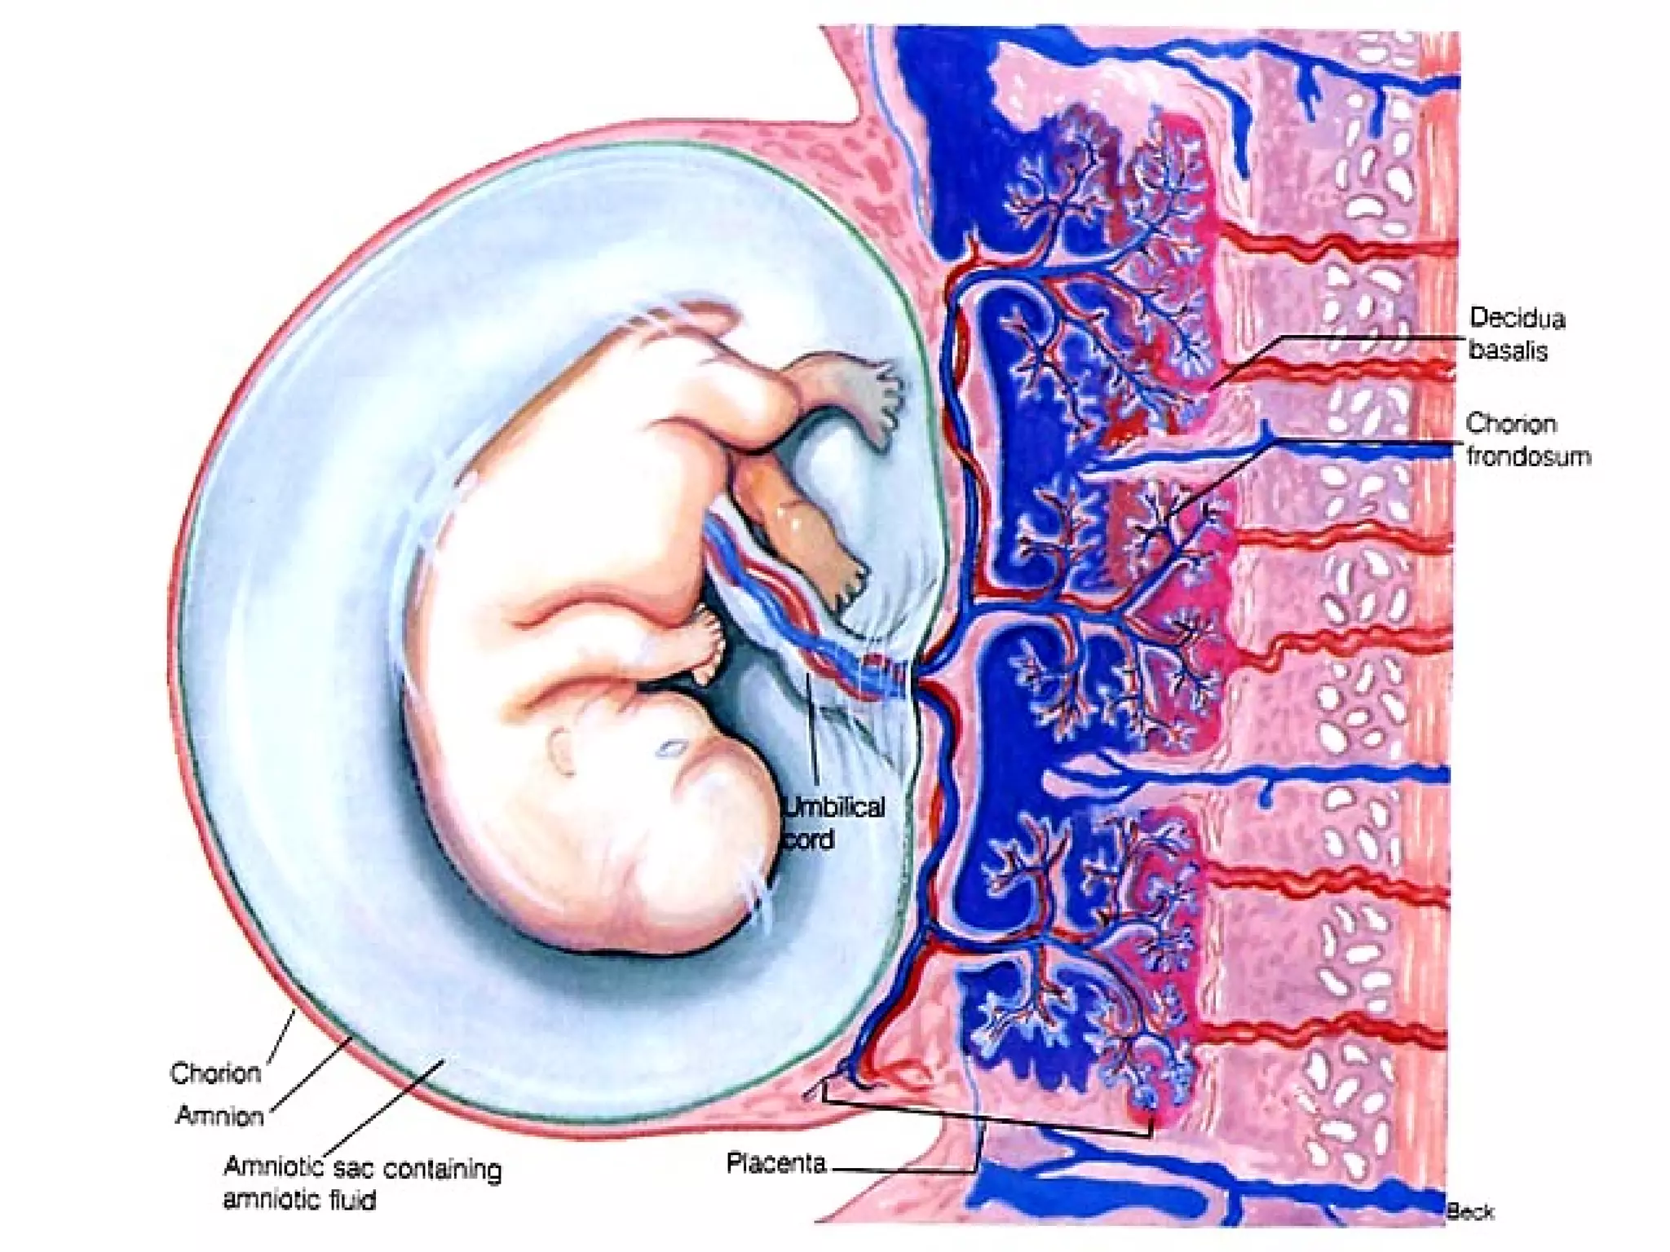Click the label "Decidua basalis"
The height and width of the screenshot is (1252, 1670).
pos(1516,333)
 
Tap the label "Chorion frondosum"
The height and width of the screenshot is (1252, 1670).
pos(1527,440)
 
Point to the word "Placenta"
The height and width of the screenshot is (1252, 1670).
pos(775,1162)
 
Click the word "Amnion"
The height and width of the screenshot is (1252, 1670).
pos(219,1115)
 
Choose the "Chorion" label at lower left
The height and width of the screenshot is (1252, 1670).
pos(215,1073)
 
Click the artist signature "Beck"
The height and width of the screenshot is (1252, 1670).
pos(1469,1212)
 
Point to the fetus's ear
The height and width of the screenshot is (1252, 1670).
pos(563,751)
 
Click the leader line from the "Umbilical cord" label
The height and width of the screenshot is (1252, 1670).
pos(812,734)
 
